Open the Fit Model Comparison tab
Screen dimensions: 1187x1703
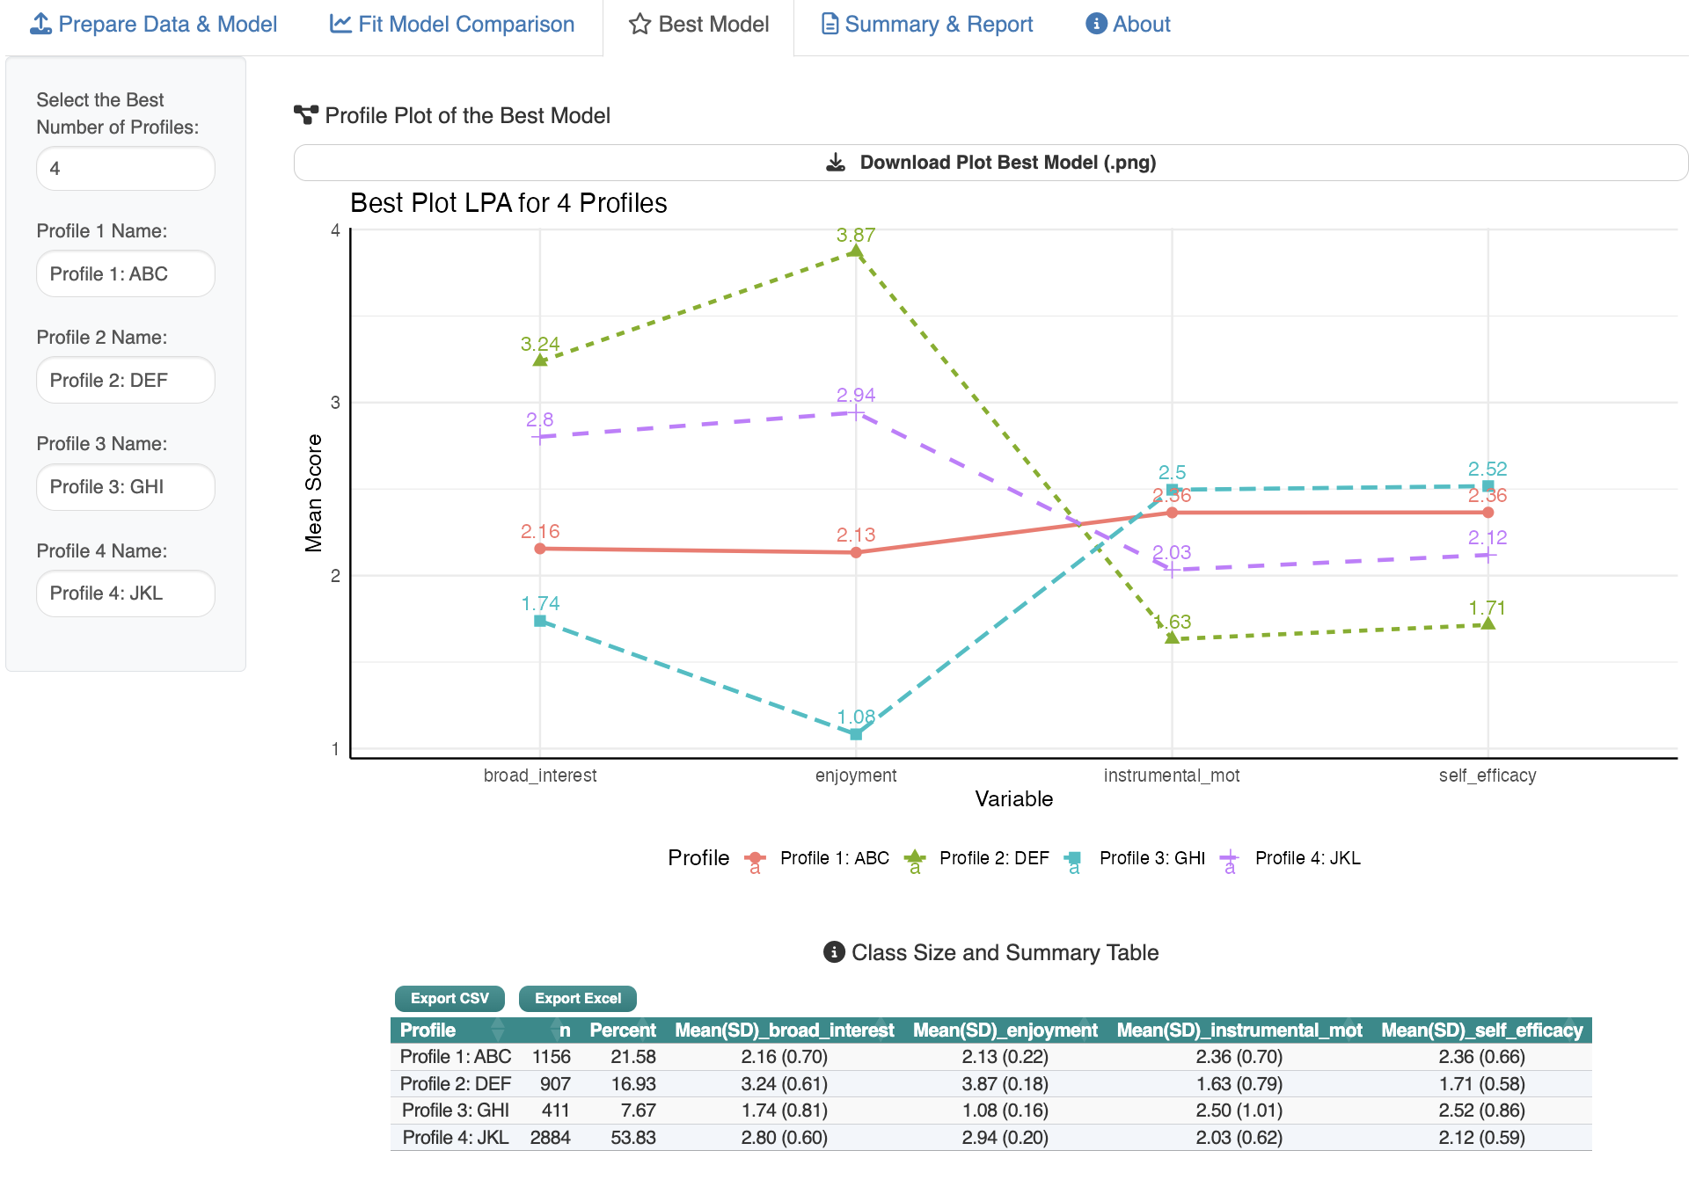[452, 25]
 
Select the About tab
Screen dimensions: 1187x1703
[1128, 25]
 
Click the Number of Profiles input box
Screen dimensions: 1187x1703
[126, 169]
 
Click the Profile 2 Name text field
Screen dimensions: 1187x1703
[126, 381]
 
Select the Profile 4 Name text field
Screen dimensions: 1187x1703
[126, 593]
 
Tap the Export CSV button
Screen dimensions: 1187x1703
[450, 999]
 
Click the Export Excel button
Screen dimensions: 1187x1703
[577, 999]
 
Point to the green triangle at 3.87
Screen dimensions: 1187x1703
[855, 252]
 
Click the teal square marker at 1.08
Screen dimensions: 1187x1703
[856, 734]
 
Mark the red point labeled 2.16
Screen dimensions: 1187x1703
[540, 549]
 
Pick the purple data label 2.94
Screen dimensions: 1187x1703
[856, 395]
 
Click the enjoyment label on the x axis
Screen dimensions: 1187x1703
[856, 776]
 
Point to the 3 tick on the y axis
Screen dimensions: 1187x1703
[335, 403]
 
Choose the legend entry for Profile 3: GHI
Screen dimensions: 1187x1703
[1151, 858]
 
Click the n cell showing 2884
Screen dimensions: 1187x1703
[550, 1138]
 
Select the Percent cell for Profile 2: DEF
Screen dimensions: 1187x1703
[633, 1084]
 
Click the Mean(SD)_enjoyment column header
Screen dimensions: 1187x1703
[1005, 1030]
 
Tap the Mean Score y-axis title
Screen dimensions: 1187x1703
[314, 493]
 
